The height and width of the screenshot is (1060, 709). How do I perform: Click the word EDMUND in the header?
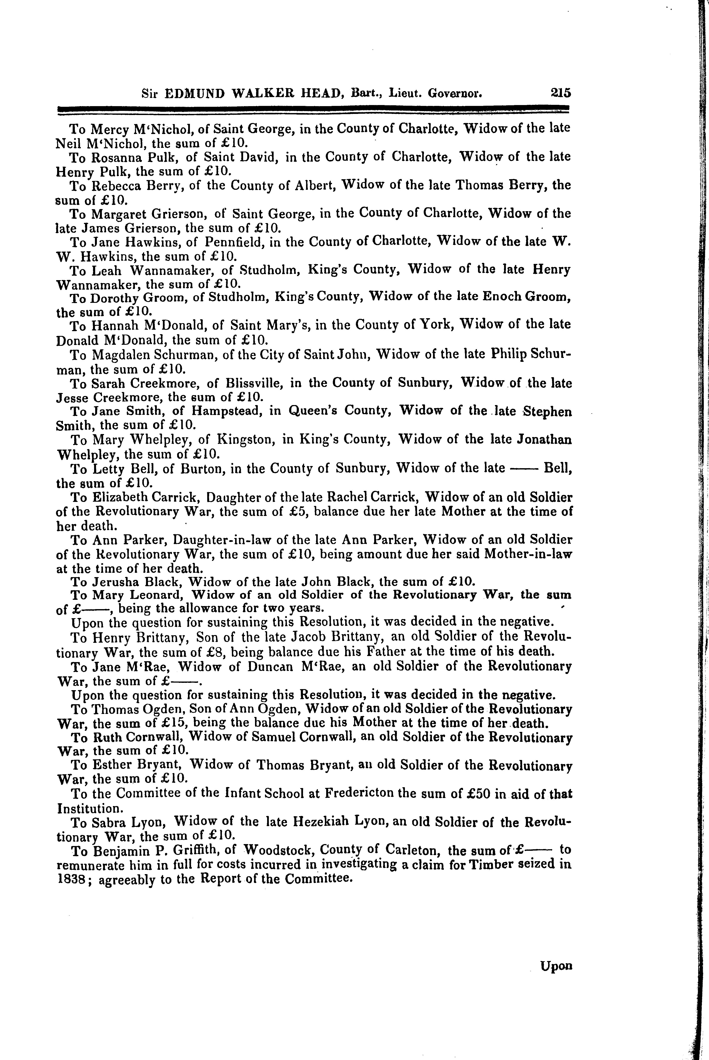coord(194,94)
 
